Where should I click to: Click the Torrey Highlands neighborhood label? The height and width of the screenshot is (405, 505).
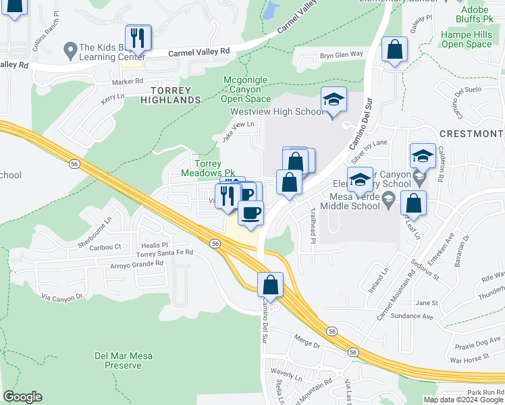(171, 94)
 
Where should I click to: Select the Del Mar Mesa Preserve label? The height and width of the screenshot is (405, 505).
(118, 360)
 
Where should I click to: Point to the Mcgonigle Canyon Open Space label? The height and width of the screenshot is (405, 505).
(246, 90)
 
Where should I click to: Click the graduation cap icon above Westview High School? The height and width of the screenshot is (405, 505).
(334, 101)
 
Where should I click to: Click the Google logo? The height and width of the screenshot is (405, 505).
(22, 397)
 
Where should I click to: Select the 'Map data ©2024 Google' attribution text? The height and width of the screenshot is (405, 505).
(462, 400)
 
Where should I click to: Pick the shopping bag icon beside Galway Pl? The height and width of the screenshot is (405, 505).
(394, 50)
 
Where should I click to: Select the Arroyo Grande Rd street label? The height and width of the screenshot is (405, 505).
(137, 265)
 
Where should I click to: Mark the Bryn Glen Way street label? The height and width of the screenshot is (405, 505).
(341, 54)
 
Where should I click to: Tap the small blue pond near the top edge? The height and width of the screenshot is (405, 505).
(271, 9)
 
